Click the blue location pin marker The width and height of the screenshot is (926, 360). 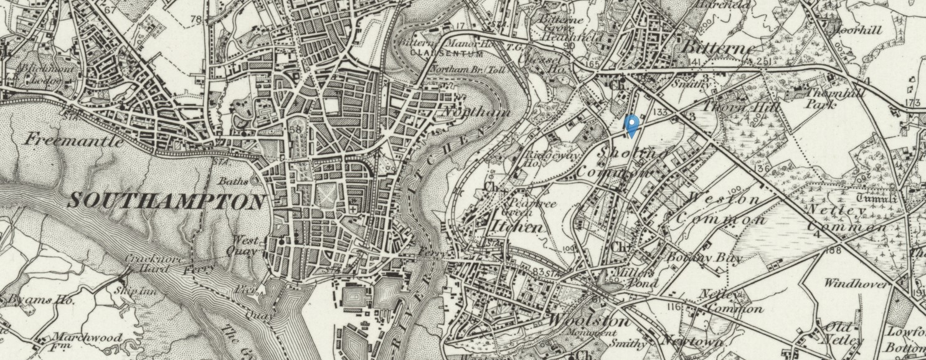click(x=631, y=125)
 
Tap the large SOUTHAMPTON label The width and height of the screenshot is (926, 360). click(x=166, y=202)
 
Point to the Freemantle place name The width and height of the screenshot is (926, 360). click(x=73, y=140)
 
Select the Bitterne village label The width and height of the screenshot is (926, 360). click(x=719, y=48)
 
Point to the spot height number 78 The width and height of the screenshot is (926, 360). click(x=196, y=20)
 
